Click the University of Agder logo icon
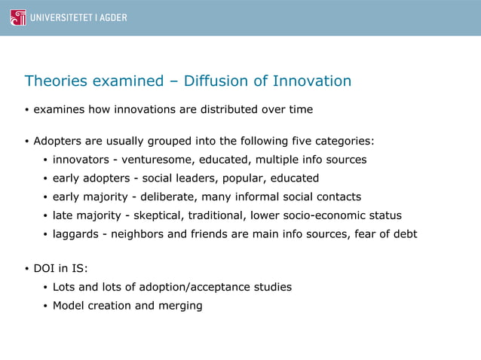pos(17,17)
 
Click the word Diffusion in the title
pos(223,81)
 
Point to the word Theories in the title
pos(57,81)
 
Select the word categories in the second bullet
pos(344,141)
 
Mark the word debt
pos(403,234)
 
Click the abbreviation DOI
pos(45,269)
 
